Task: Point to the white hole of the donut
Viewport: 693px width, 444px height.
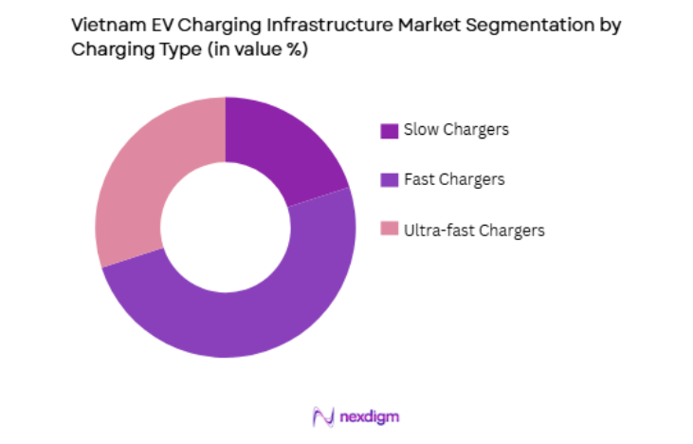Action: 225,227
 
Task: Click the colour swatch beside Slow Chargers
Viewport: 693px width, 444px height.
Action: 389,131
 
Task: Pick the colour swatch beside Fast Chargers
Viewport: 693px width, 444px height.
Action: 389,180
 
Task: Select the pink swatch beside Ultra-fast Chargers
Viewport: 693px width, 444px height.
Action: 389,230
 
